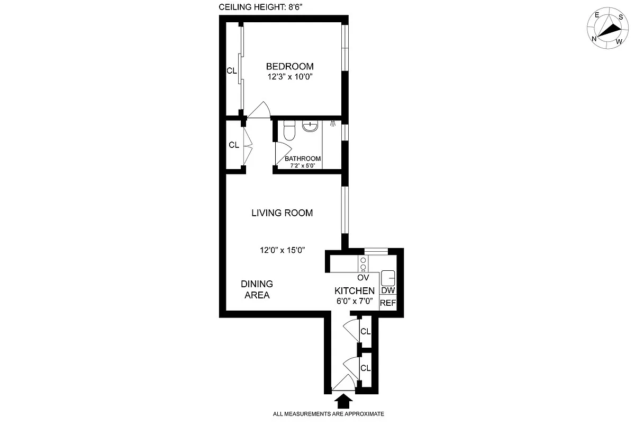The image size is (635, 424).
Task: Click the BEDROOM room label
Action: (289, 67)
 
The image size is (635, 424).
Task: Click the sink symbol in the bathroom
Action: (310, 126)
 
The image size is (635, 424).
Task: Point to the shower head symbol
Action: (333, 124)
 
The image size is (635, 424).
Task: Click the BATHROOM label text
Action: (303, 158)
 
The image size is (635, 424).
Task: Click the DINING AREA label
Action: (257, 289)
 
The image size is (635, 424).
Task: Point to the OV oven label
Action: (363, 278)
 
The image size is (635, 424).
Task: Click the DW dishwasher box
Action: (388, 290)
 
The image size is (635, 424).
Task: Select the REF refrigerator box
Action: (388, 303)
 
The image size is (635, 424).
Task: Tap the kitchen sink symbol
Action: (388, 277)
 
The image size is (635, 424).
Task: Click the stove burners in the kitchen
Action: (363, 264)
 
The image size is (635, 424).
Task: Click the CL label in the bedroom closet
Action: (231, 70)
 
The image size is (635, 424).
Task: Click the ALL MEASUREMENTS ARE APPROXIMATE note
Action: (328, 414)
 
